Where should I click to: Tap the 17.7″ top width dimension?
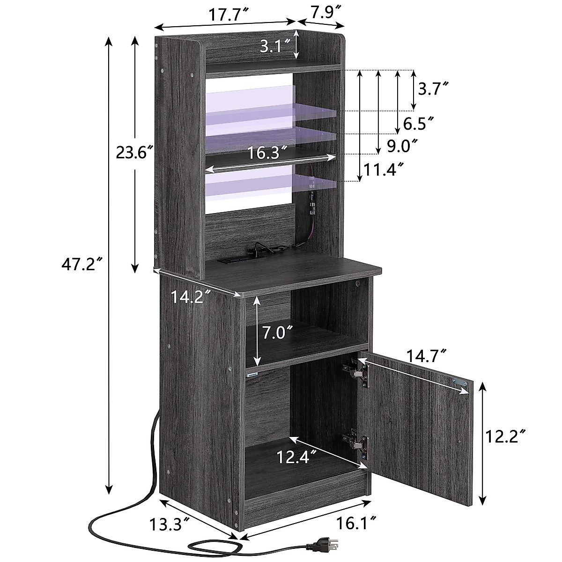pos(229,15)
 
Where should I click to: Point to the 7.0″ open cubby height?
pos(277,334)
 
